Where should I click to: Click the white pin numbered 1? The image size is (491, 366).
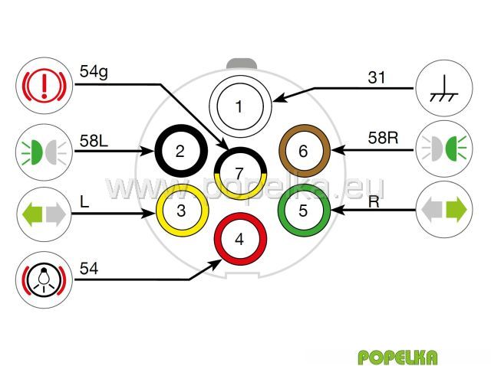(239, 106)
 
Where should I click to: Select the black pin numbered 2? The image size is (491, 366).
(180, 150)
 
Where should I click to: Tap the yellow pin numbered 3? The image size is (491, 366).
(181, 209)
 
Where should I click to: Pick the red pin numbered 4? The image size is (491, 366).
(239, 239)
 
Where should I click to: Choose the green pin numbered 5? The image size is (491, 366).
(302, 209)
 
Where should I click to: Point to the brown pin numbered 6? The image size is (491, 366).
(303, 150)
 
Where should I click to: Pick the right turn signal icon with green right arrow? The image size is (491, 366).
(444, 208)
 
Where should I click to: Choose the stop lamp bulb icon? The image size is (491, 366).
(44, 279)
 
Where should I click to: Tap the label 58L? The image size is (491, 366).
(94, 141)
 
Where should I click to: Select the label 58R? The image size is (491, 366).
(381, 138)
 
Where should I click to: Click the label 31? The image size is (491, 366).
(377, 77)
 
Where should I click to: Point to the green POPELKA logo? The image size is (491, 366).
(397, 357)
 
